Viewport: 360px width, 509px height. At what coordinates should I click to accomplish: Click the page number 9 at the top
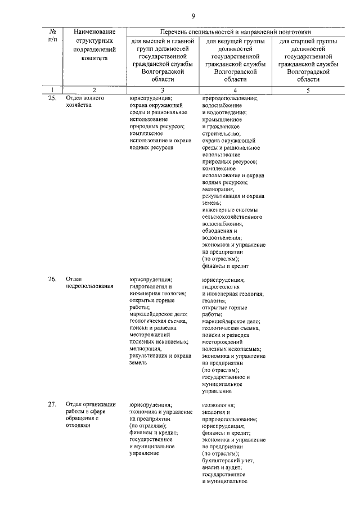point(193,15)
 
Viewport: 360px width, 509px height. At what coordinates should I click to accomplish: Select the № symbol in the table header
point(52,31)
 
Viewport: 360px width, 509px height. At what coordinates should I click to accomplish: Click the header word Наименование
point(94,31)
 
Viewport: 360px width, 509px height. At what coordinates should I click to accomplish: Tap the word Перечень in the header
point(174,31)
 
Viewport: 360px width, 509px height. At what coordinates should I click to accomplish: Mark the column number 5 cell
point(307,90)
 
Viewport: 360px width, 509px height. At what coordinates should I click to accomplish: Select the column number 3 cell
point(163,90)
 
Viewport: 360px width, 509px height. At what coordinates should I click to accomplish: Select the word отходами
point(78,426)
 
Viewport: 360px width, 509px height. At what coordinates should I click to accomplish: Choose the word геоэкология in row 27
point(218,404)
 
